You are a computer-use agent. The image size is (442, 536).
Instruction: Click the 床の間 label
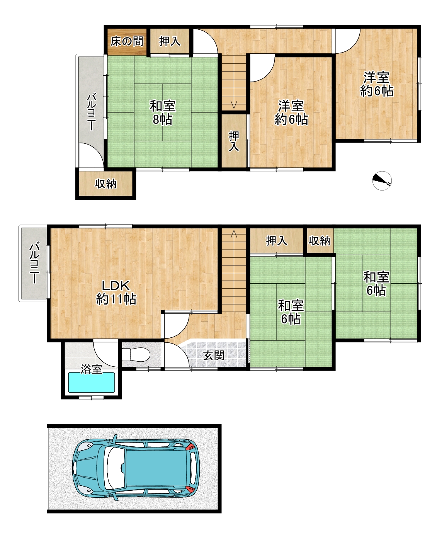point(127,41)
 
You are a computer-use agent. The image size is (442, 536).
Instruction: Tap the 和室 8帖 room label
point(163,113)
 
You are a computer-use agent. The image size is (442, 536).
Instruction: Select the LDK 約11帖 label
point(116,293)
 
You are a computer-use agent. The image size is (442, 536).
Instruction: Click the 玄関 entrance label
point(214,356)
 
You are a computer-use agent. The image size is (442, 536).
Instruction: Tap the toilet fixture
point(136,354)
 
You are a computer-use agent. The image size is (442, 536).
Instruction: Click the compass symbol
point(382,181)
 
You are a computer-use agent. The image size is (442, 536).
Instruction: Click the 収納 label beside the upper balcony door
point(105,184)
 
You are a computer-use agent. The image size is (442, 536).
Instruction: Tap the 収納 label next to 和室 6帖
point(319,240)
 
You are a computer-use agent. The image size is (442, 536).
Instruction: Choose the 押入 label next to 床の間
point(169,41)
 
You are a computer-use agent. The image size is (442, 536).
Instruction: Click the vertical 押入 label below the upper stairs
point(234,141)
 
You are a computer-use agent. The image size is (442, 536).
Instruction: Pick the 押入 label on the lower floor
point(276,240)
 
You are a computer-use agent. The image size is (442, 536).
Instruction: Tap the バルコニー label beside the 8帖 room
point(92,112)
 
